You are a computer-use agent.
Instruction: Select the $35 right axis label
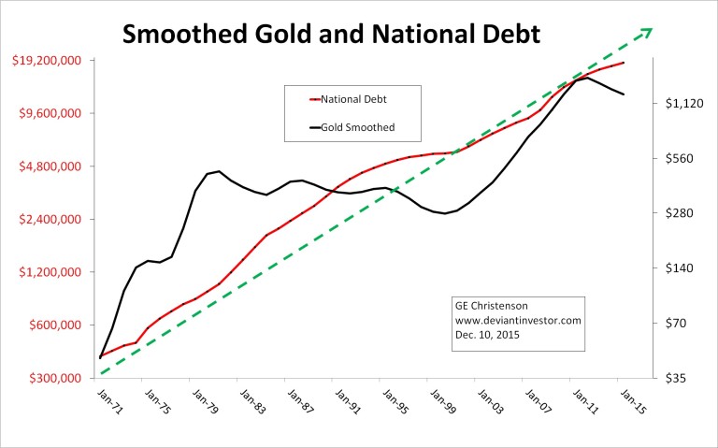670,378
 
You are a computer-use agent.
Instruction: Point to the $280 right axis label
675,213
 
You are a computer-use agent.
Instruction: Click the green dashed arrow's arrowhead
644,34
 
